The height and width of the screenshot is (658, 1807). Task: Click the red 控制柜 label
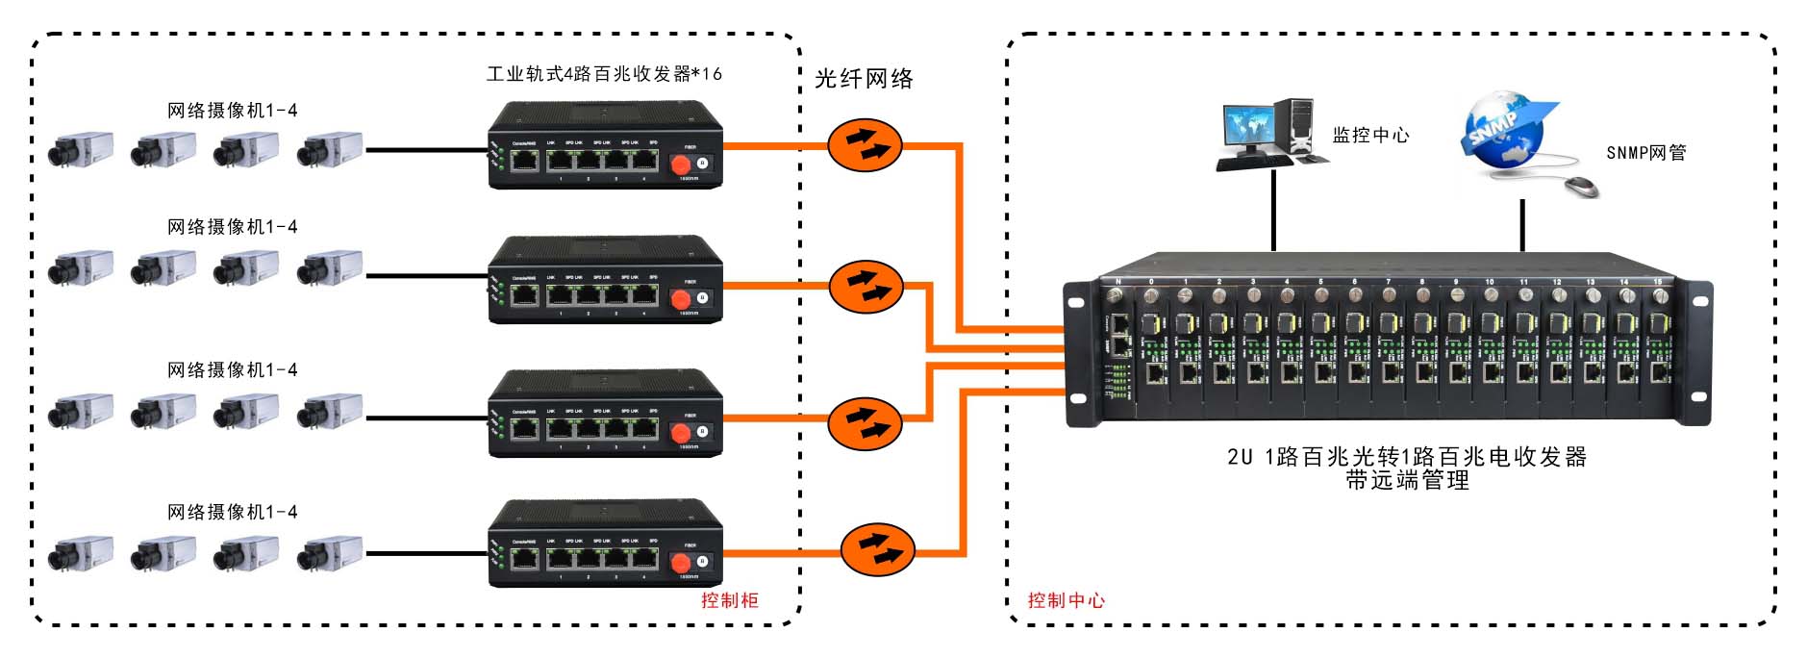(x=729, y=600)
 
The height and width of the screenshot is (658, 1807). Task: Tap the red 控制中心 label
(x=1066, y=600)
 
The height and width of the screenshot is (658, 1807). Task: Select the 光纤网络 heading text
(x=864, y=79)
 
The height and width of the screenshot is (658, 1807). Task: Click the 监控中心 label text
(x=1370, y=136)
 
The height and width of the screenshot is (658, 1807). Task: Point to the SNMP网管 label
(x=1645, y=153)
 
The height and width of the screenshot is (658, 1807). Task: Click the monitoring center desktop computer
(x=1267, y=135)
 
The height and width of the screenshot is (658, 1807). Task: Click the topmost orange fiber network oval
(x=865, y=145)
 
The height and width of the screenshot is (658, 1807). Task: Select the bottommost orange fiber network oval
(x=877, y=549)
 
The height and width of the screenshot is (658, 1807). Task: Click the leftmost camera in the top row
(x=81, y=150)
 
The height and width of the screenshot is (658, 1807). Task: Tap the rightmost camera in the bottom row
(x=330, y=553)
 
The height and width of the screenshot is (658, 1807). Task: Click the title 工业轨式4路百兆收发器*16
(x=604, y=74)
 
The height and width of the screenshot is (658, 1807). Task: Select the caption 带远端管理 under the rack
(x=1407, y=480)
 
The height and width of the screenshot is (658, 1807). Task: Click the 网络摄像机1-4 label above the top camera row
(x=233, y=111)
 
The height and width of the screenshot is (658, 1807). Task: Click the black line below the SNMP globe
(x=1522, y=225)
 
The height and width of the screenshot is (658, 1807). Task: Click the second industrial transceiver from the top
(x=605, y=280)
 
